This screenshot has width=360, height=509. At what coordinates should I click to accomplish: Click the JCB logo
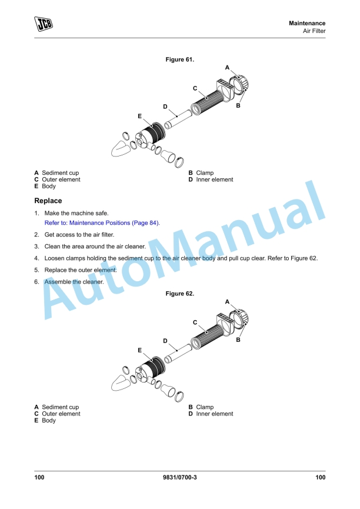44,24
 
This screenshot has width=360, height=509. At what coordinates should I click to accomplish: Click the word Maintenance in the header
306,24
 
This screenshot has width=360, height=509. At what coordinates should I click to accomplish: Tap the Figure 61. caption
180,59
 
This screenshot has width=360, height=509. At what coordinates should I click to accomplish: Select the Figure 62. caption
180,294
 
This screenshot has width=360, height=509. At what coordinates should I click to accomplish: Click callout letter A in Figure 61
227,68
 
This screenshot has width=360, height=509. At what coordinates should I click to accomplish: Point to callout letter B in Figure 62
238,340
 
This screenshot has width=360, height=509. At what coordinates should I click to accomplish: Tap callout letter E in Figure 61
139,116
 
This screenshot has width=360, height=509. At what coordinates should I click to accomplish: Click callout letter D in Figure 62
165,341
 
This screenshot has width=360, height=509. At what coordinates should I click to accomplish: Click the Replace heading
48,201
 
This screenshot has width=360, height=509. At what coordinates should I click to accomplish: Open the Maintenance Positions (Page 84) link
102,222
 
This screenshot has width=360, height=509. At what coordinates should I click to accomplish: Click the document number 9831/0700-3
180,477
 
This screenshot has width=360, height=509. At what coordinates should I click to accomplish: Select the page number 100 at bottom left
39,477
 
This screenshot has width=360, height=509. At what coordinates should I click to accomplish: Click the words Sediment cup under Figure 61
61,172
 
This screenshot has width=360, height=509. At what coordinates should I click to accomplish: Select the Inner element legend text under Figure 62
215,414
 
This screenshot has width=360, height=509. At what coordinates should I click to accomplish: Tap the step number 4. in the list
36,258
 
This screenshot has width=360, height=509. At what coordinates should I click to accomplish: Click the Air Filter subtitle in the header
314,31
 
